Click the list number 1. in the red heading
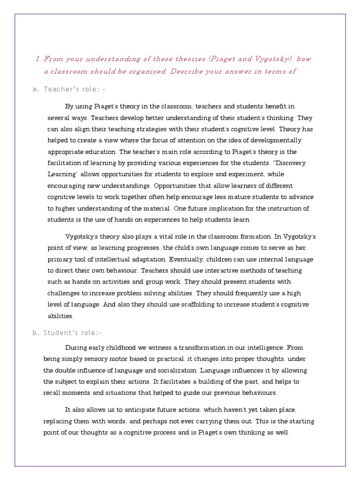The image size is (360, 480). pos(37,59)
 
